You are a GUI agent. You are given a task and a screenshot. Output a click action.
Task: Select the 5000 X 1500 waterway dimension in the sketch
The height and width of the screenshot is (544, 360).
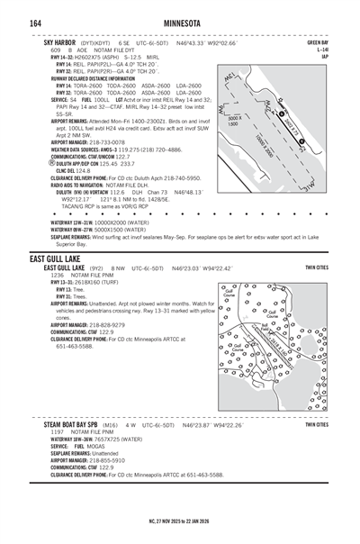click(x=235, y=121)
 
